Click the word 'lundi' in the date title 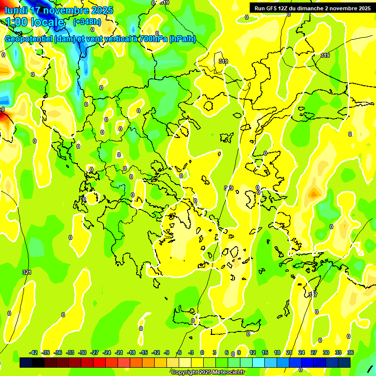(16, 10)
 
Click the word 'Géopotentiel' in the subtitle (28, 39)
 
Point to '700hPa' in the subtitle (153, 39)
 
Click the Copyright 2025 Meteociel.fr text (208, 373)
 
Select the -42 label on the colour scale (33, 352)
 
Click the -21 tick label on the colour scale (119, 352)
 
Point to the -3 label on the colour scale (191, 352)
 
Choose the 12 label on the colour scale (252, 352)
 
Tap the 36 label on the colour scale (350, 352)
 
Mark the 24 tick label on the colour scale (301, 352)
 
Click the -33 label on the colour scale (70, 352)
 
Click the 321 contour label (26, 272)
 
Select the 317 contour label (313, 295)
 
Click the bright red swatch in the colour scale (99, 363)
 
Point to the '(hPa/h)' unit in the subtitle (183, 39)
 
